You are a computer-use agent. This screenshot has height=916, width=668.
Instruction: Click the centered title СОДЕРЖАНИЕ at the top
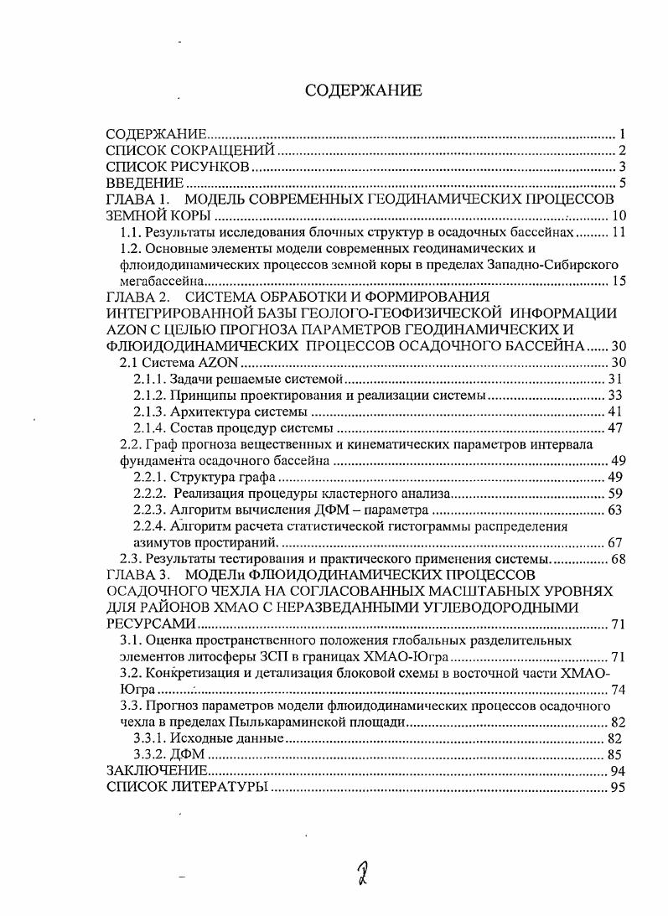(363, 91)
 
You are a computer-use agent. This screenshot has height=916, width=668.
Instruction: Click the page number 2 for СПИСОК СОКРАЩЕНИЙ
(623, 151)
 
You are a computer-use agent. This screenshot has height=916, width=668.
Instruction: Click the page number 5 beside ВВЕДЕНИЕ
(623, 184)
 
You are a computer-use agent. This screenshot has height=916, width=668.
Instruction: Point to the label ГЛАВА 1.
(137, 199)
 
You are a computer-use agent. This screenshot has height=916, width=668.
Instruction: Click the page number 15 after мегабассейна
(619, 281)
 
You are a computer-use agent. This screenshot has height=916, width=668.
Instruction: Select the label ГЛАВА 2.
(137, 297)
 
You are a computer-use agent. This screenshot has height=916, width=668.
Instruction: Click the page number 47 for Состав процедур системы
(619, 427)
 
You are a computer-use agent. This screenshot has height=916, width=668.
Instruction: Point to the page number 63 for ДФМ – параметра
(619, 510)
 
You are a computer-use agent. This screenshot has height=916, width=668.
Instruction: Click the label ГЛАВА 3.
(137, 575)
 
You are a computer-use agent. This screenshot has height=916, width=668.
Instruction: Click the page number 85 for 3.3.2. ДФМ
(619, 754)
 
